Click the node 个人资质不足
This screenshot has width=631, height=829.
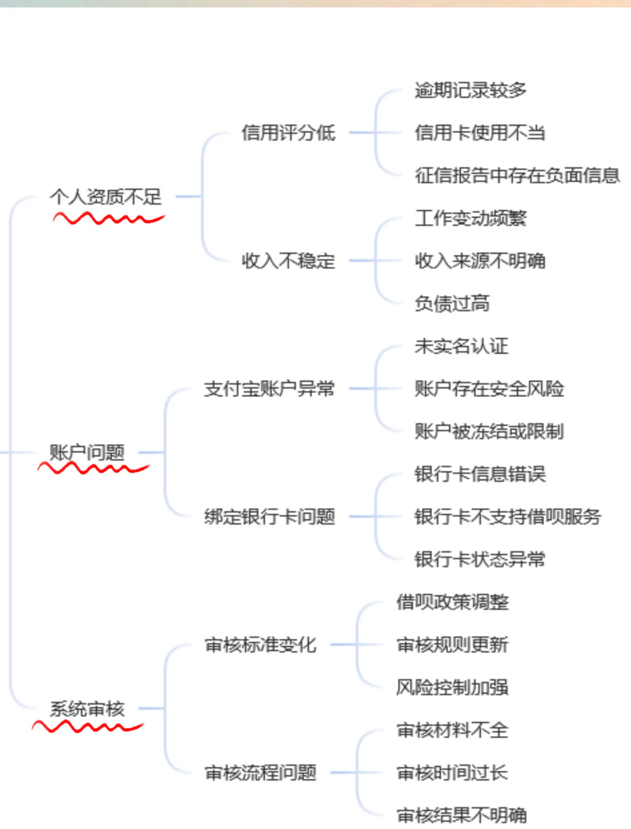(x=106, y=196)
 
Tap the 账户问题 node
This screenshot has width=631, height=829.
(x=87, y=452)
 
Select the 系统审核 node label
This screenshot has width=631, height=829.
(x=87, y=709)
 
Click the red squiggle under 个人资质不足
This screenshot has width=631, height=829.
(x=109, y=218)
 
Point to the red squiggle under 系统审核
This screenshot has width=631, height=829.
(x=88, y=726)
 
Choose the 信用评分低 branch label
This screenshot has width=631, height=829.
(x=289, y=133)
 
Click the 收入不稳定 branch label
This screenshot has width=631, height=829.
(x=289, y=261)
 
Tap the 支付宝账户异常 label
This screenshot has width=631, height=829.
(x=269, y=389)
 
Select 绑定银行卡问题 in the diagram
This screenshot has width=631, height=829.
(x=269, y=516)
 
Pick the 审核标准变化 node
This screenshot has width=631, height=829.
(x=261, y=644)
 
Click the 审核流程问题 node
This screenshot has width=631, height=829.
(x=261, y=772)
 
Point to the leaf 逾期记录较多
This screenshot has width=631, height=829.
(x=470, y=91)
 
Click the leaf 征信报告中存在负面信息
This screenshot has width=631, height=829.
(x=517, y=175)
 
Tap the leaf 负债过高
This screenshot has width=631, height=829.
(x=452, y=303)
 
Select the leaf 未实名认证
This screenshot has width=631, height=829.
(x=462, y=346)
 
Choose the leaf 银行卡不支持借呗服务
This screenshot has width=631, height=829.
(x=508, y=516)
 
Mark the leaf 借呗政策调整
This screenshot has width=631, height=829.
(x=452, y=602)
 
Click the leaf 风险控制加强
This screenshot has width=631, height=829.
(x=452, y=687)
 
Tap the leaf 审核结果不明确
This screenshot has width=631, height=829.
(x=462, y=815)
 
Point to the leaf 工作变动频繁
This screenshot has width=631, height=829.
(x=470, y=218)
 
